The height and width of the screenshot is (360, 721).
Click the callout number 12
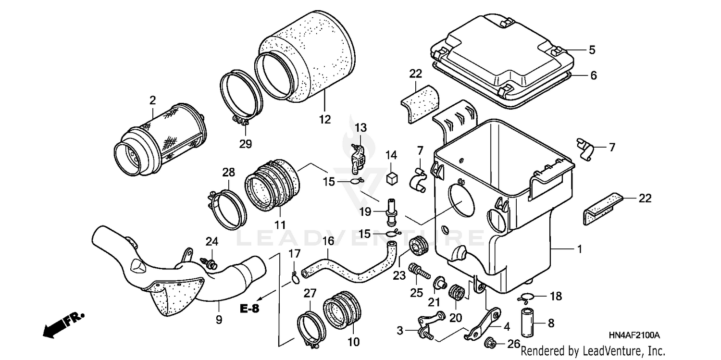point(325,119)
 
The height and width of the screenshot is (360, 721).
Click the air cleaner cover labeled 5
point(505,53)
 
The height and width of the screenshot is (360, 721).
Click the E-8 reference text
point(249,309)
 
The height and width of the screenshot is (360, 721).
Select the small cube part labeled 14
point(391,177)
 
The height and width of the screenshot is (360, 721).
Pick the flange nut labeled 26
point(488,343)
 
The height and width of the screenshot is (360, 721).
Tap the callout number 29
point(245,144)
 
